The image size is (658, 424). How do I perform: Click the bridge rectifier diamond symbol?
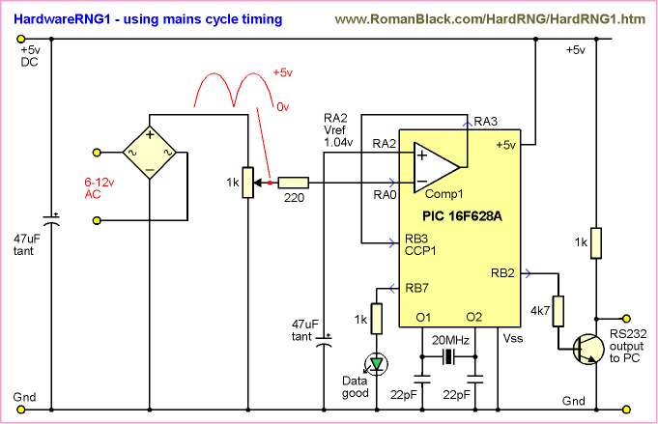point(150,152)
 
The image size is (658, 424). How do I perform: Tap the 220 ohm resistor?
point(293,182)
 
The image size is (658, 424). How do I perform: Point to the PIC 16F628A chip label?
point(462,215)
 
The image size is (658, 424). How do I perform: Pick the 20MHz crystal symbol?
point(447,358)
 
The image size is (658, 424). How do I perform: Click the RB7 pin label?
point(415,286)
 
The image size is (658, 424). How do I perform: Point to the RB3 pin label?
point(415,238)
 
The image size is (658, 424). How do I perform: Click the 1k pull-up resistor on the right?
point(596,241)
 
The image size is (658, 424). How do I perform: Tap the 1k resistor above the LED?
point(375,317)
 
